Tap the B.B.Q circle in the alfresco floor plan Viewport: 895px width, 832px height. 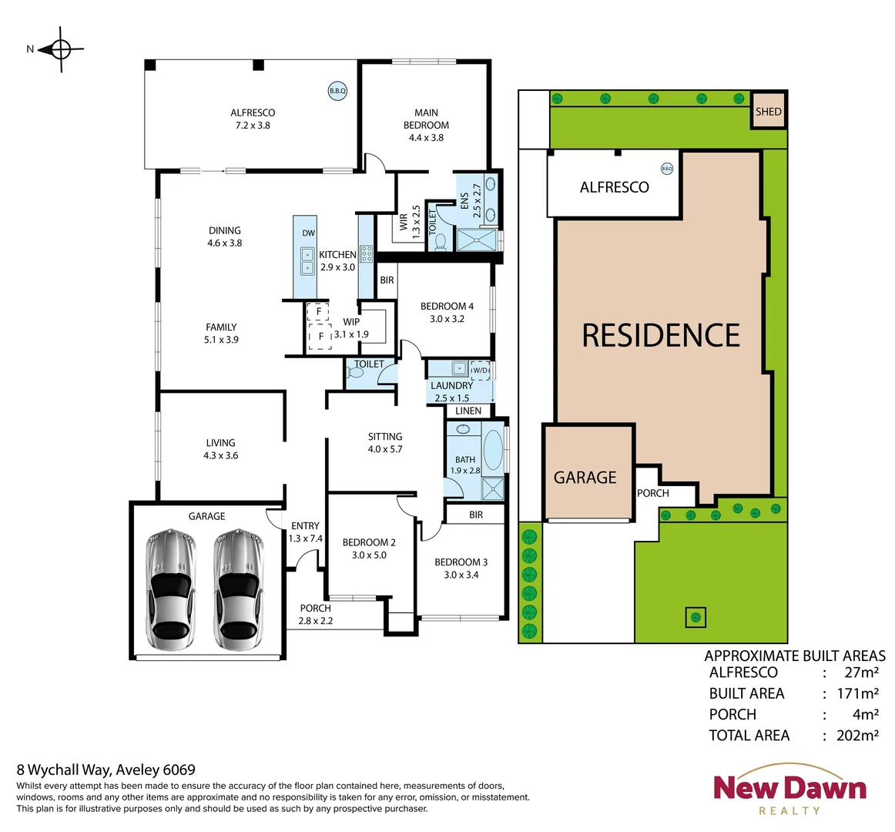[337, 91]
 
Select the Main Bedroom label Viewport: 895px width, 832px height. [426, 119]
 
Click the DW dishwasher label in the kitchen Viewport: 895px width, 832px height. [308, 233]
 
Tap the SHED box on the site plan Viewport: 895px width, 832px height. [768, 112]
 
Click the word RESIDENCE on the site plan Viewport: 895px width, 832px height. [661, 336]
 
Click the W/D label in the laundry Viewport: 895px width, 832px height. [480, 371]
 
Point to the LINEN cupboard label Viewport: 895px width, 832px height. [468, 411]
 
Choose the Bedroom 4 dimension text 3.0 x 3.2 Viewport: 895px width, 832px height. [447, 319]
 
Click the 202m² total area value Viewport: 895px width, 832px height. [857, 736]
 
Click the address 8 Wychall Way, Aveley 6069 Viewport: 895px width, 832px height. [106, 770]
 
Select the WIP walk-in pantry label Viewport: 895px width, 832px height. [351, 322]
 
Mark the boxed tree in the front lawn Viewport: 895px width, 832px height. [696, 617]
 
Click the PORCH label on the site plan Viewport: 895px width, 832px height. [653, 493]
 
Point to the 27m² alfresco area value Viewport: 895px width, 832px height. [861, 673]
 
